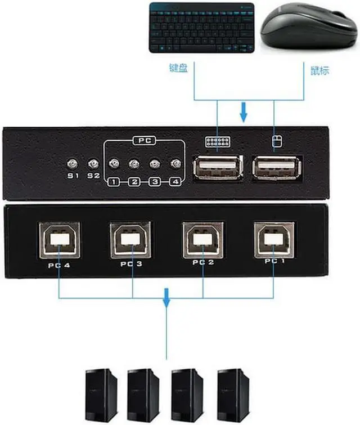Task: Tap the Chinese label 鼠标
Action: pyautogui.click(x=319, y=71)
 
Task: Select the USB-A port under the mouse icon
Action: pyautogui.click(x=276, y=167)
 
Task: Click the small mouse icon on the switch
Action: pyautogui.click(x=275, y=142)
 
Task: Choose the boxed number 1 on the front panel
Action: pyautogui.click(x=114, y=181)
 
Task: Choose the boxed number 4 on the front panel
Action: pyautogui.click(x=175, y=181)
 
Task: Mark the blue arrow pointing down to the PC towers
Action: pyautogui.click(x=166, y=298)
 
